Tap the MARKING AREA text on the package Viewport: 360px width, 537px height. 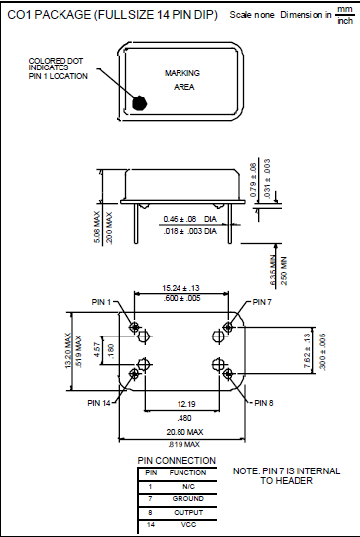(183, 80)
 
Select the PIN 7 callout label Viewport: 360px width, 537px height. (261, 302)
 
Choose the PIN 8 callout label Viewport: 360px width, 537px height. (263, 403)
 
